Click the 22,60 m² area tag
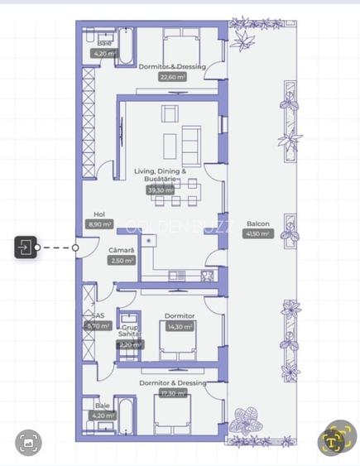point(172,77)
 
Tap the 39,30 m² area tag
point(159,190)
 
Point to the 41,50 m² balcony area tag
point(256,234)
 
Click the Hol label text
point(99,214)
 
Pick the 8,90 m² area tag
point(98,223)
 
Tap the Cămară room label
point(121,250)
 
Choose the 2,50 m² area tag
point(121,260)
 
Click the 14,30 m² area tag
point(180,326)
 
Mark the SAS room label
point(98,315)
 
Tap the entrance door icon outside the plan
point(26,247)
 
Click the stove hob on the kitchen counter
point(209,276)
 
